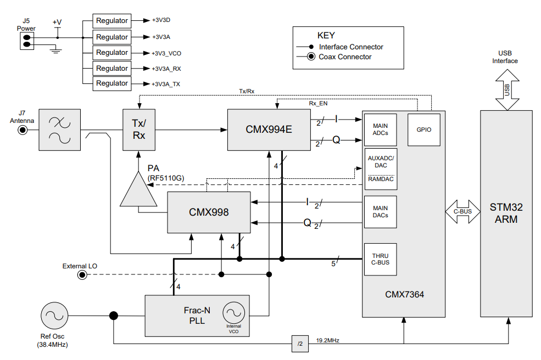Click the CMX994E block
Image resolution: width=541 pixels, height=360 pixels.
(x=269, y=130)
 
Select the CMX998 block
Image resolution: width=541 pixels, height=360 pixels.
(x=208, y=212)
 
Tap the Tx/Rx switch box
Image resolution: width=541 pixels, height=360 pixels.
(x=138, y=130)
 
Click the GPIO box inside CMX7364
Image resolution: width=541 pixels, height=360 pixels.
(x=423, y=130)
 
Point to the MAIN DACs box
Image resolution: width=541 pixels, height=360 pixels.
(x=381, y=212)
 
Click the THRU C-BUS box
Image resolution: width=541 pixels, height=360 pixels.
(x=381, y=259)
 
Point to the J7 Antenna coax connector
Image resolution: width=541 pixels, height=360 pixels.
(x=23, y=130)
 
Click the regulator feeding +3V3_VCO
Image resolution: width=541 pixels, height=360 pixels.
(x=111, y=53)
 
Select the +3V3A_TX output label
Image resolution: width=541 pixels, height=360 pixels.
(x=165, y=85)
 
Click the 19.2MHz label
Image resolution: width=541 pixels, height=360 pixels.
(x=328, y=341)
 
